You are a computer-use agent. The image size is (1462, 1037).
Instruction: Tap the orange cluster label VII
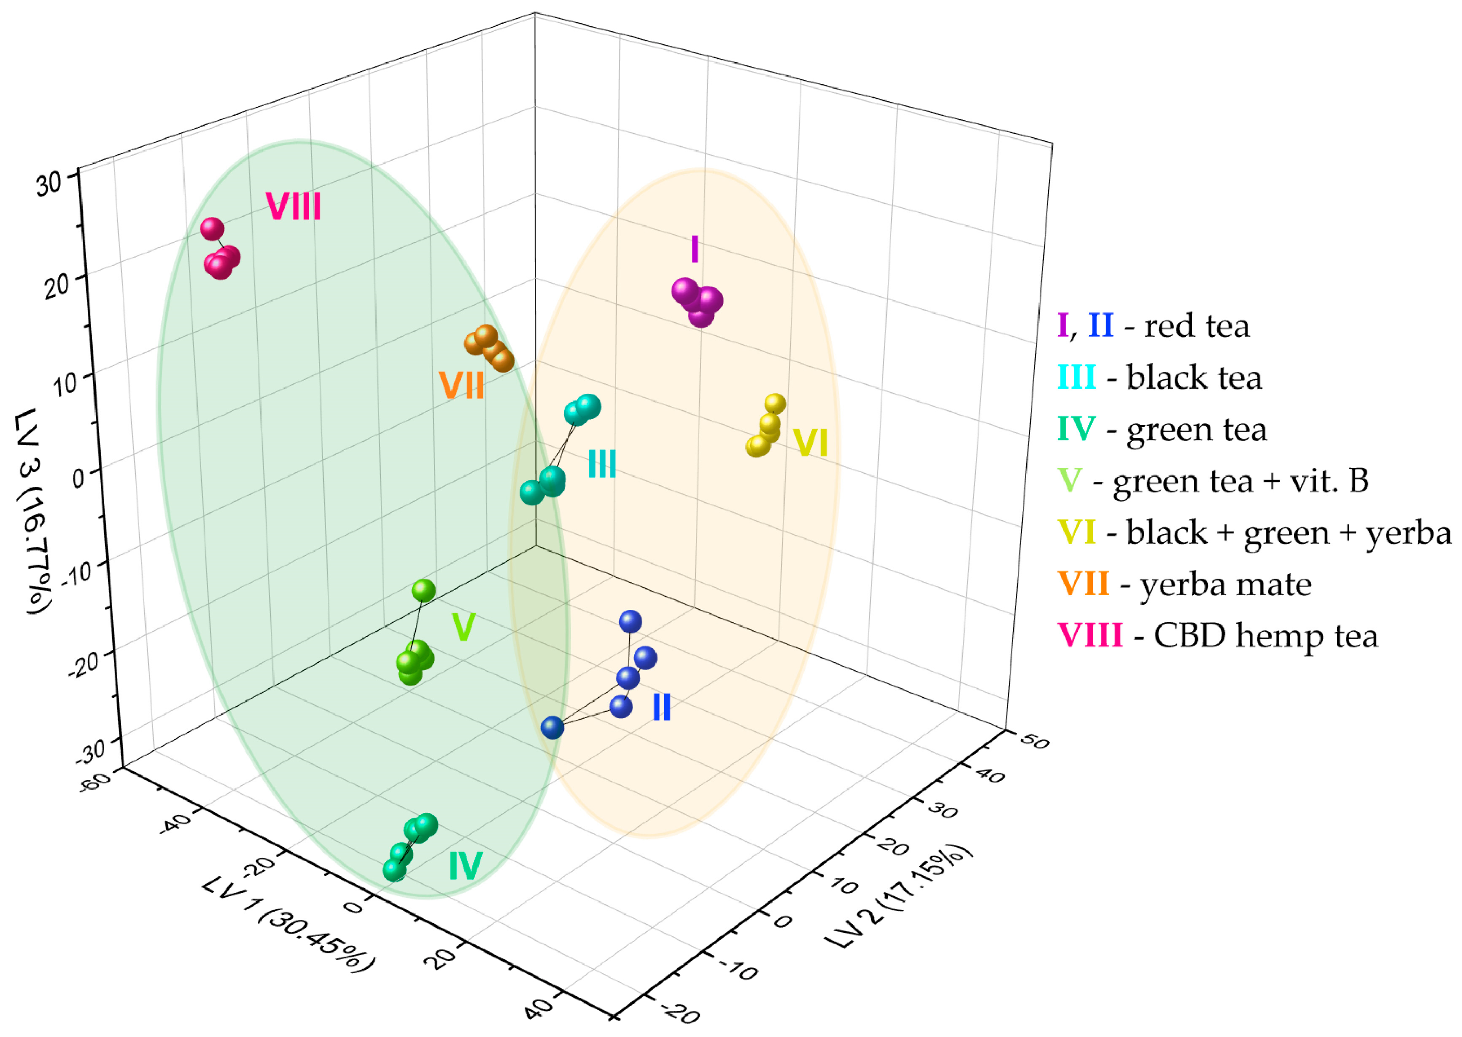pos(461,386)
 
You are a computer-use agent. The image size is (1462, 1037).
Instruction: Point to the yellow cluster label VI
pos(810,443)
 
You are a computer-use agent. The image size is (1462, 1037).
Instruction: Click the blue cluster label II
pos(662,707)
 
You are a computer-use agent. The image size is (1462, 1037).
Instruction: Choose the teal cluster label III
pos(602,464)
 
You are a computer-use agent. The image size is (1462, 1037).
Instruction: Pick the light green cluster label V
pos(463,627)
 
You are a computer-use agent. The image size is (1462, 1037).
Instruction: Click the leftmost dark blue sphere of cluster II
pos(552,727)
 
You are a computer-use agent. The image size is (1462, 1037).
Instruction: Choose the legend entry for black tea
pos(1159,377)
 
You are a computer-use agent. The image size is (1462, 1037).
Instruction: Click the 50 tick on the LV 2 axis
pos(1034,741)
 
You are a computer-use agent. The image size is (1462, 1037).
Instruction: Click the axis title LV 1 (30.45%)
pos(287,926)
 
